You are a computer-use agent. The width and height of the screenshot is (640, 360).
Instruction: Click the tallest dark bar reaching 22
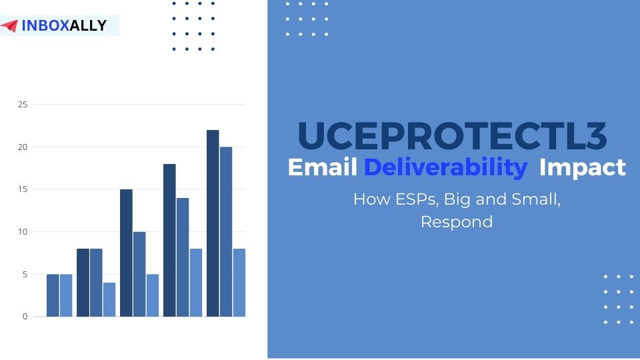[x=213, y=223]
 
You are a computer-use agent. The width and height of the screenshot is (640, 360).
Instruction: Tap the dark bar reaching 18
[x=169, y=240]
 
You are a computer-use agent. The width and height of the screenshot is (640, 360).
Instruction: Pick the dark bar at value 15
[x=126, y=253]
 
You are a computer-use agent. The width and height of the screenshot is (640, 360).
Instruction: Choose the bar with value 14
[x=183, y=257]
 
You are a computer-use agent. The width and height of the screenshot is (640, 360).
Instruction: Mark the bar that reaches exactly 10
[x=139, y=274]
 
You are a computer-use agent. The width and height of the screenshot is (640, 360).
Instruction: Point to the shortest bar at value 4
[x=109, y=300]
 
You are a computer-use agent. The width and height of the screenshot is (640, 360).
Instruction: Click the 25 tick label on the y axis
[x=23, y=105]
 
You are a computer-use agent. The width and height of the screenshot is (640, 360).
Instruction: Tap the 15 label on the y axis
[x=23, y=189]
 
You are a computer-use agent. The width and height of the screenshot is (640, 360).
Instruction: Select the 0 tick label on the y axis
[x=25, y=317]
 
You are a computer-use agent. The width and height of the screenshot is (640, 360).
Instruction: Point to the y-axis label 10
[x=23, y=232]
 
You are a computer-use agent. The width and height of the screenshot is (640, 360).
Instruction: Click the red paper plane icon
[x=9, y=26]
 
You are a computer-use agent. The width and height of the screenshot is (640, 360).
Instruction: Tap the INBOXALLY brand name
[x=64, y=26]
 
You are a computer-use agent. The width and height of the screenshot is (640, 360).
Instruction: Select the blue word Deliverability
[x=445, y=167]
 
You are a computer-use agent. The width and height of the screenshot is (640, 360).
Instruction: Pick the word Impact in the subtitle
[x=582, y=167]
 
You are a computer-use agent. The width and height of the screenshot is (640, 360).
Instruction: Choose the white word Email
[x=323, y=167]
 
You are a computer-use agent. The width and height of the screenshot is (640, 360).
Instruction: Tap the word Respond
[x=457, y=222]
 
